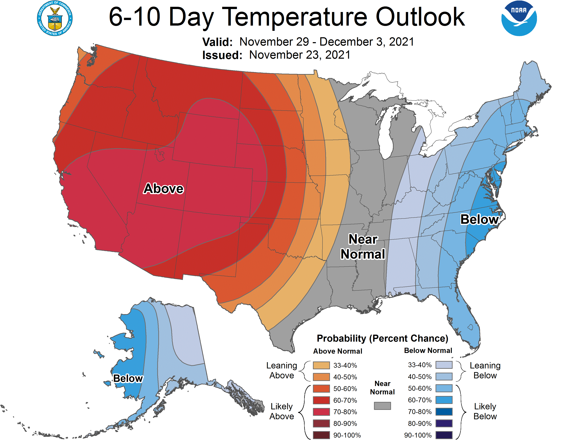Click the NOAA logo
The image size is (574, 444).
[519, 18]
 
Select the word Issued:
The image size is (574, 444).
[222, 55]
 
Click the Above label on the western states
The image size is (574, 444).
[164, 189]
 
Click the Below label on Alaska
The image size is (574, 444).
[128, 378]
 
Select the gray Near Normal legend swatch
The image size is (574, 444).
[382, 406]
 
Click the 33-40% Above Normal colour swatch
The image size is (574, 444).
[321, 365]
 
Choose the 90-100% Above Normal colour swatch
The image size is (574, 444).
[321, 435]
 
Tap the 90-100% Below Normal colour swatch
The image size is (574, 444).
[444, 435]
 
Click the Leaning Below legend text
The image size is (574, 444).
[485, 370]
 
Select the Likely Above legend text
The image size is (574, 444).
[282, 411]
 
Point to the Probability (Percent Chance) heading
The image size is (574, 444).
[382, 338]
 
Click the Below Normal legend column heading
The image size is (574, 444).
[428, 350]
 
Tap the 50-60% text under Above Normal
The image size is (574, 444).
[345, 389]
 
